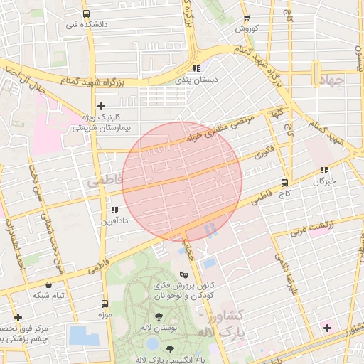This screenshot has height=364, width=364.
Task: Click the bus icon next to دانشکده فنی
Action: pyautogui.click(x=86, y=14)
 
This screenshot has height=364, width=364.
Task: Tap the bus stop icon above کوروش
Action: pyautogui.click(x=247, y=18)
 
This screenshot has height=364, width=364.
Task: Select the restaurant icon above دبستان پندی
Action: pyautogui.click(x=196, y=69)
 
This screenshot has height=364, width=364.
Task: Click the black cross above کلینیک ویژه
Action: pyautogui.click(x=101, y=105)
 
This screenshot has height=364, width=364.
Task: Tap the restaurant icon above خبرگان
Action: pyautogui.click(x=325, y=170)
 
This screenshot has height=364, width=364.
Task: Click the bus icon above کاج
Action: pyautogui.click(x=285, y=182)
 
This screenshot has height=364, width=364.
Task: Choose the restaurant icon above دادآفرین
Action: pyautogui.click(x=114, y=210)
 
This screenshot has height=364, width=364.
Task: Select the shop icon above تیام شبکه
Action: pyautogui.click(x=48, y=284)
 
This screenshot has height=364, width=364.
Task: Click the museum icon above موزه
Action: pyautogui.click(x=105, y=304)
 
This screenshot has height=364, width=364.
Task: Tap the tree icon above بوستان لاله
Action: pyautogui.click(x=158, y=316)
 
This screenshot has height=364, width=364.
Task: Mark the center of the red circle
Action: pyautogui.click(x=182, y=181)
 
